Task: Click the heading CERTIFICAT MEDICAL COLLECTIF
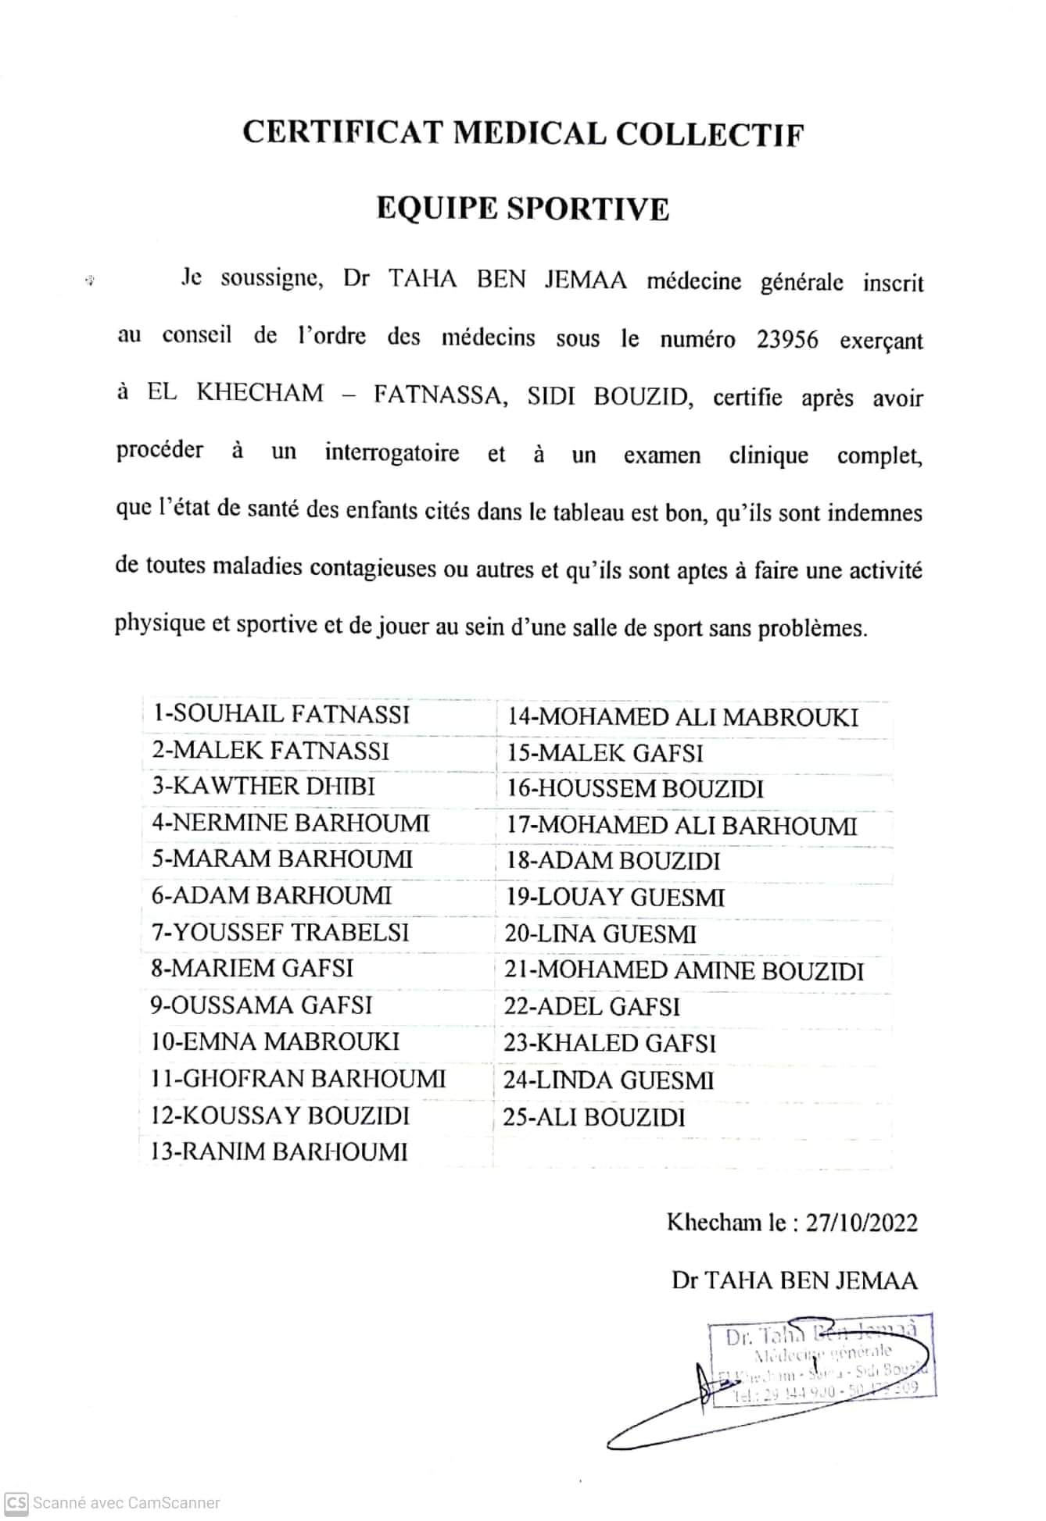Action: pos(522,134)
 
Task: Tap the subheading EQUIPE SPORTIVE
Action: pos(522,209)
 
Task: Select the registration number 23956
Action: pos(787,340)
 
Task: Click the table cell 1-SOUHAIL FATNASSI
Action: pos(281,714)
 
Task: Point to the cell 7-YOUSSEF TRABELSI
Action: pos(280,932)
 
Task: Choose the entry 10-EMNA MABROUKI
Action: pos(274,1041)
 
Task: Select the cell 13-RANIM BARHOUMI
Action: pos(279,1151)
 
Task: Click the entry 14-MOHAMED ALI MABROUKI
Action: pos(682,717)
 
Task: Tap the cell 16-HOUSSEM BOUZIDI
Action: pos(635,789)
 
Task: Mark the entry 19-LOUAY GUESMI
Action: pos(615,898)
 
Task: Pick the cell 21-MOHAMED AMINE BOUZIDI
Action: pos(684,971)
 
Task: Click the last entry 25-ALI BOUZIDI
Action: pos(594,1117)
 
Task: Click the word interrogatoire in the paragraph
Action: pos(392,453)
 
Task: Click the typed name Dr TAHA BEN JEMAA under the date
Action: pos(794,1280)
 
